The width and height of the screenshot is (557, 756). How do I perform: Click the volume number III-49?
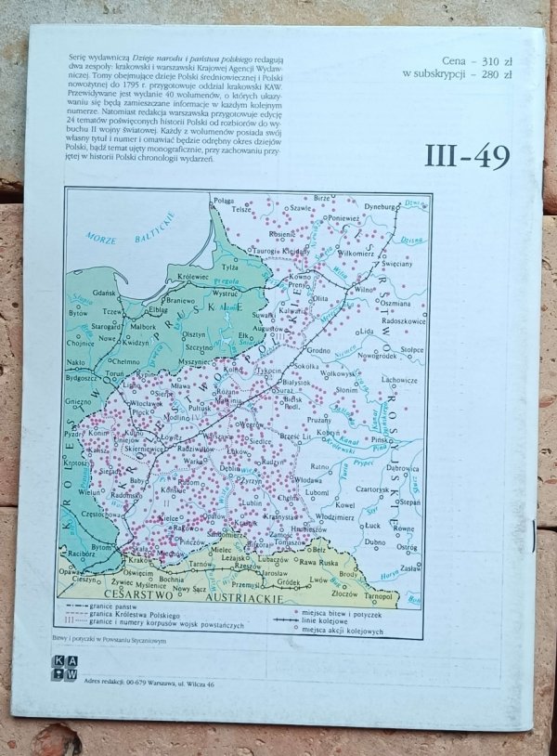coord(467,155)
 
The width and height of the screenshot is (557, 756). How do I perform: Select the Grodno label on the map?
coord(319,351)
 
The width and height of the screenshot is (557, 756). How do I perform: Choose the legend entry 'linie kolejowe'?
coord(327,622)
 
